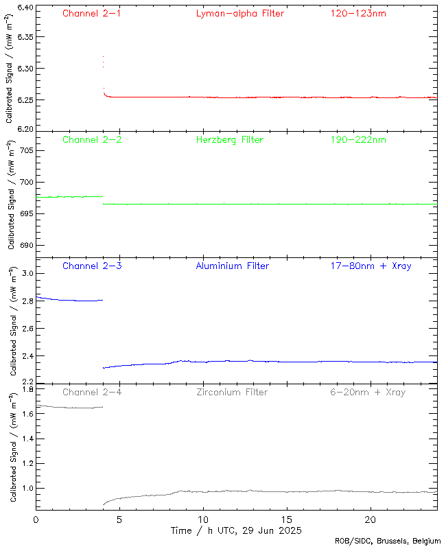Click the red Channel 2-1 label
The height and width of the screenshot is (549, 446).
92,13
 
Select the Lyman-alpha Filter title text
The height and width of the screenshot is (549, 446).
239,13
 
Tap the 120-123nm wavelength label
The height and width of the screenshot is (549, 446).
357,13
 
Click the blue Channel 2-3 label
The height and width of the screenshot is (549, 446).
92,266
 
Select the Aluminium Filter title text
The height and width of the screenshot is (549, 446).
232,266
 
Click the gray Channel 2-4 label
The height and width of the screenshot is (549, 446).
92,392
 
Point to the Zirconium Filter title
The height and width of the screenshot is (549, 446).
232,392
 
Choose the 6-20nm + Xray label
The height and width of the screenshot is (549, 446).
368,392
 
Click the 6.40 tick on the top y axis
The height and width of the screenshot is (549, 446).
24,8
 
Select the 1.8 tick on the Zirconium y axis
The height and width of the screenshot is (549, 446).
27,389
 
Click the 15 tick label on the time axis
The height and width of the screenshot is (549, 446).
287,519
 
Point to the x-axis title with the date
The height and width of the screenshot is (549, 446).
236,530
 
